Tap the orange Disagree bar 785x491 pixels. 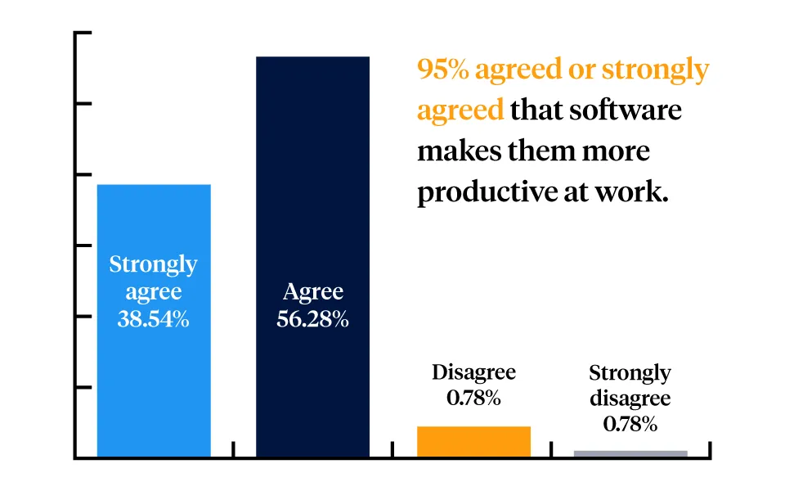pyautogui.click(x=473, y=442)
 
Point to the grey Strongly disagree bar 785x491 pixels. pyautogui.click(x=630, y=453)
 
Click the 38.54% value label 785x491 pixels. pyautogui.click(x=154, y=319)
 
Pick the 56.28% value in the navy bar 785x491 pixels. pyautogui.click(x=312, y=319)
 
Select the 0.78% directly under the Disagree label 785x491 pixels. pyautogui.click(x=473, y=399)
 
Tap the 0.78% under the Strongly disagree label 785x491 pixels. pyautogui.click(x=630, y=425)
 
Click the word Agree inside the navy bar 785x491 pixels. pyautogui.click(x=312, y=292)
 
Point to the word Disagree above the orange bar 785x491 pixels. pyautogui.click(x=473, y=373)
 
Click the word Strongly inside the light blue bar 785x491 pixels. pyautogui.click(x=154, y=264)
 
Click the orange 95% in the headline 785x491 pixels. pyautogui.click(x=442, y=70)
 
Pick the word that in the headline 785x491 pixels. pyautogui.click(x=537, y=110)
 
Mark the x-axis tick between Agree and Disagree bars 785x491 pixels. pyautogui.click(x=392, y=450)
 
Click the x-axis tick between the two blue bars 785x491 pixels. pyautogui.click(x=234, y=450)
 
